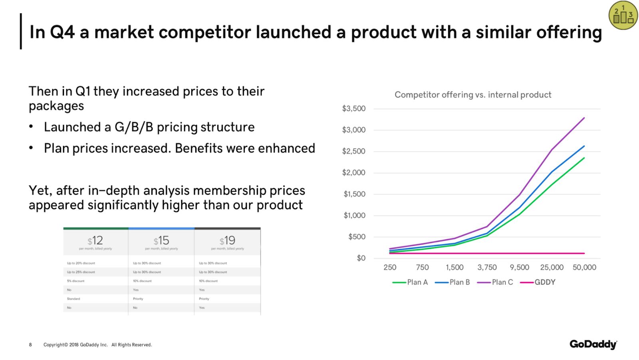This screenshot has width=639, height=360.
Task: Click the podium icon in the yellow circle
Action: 623,16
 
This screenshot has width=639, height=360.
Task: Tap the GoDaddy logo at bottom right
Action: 593,344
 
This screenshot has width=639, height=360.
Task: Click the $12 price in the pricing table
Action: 95,241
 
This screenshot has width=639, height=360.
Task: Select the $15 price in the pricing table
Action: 161,241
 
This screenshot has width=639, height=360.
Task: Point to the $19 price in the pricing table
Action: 227,241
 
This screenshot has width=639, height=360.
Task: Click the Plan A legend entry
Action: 410,282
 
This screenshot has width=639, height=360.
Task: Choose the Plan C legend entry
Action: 495,282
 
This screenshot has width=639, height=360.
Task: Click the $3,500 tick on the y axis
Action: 353,109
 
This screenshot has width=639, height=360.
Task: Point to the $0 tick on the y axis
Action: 361,258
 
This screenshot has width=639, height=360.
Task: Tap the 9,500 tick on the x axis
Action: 519,267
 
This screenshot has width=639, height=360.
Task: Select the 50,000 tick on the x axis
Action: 584,267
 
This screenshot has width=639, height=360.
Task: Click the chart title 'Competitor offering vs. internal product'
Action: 473,95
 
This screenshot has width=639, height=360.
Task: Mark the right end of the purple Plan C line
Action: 584,118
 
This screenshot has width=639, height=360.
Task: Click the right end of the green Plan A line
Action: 584,158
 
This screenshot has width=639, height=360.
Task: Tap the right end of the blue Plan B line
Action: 584,146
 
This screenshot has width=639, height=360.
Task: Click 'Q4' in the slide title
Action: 62,32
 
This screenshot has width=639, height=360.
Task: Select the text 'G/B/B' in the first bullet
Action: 134,127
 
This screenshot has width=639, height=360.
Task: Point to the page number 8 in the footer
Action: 30,345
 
